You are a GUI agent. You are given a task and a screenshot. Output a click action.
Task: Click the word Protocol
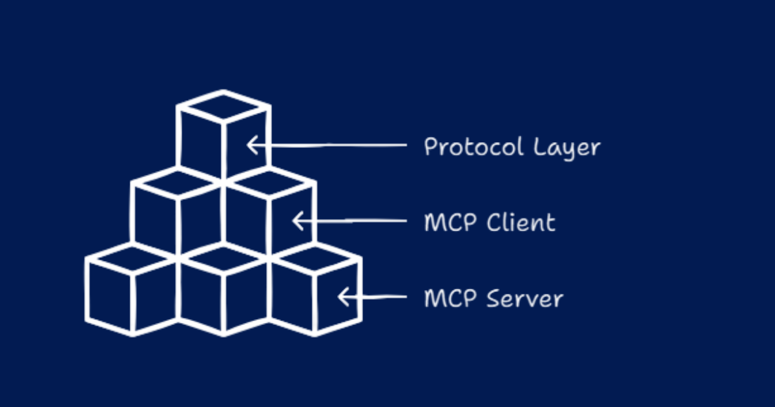click(x=475, y=148)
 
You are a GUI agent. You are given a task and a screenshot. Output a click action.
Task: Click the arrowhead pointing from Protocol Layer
click(x=253, y=145)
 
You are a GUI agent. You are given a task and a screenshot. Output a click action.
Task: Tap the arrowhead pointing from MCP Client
click(x=298, y=221)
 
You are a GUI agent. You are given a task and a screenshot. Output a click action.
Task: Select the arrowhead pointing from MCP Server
click(x=344, y=297)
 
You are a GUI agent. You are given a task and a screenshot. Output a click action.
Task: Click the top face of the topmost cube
click(x=223, y=106)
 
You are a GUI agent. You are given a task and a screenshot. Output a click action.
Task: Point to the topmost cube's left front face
click(x=200, y=145)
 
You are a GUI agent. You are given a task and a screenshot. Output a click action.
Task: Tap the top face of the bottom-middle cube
click(x=223, y=258)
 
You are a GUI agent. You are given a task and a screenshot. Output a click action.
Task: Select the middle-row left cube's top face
click(x=177, y=183)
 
